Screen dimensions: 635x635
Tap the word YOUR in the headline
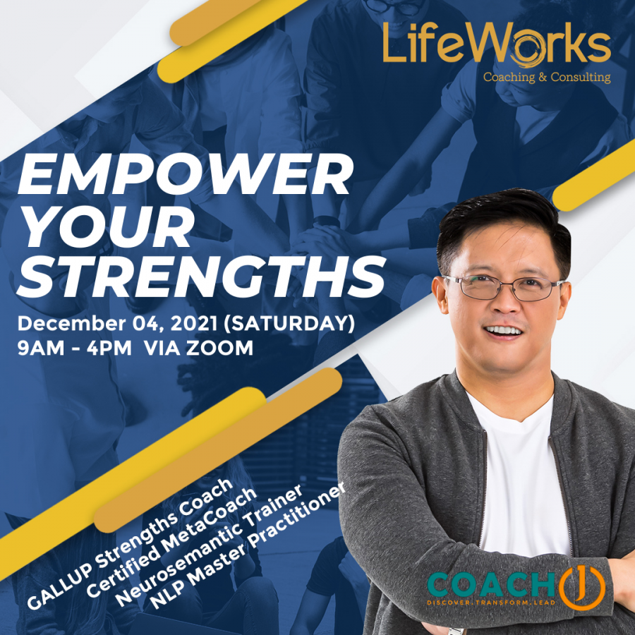[106, 226]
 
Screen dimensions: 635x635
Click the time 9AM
[43, 348]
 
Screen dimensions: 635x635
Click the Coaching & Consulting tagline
[547, 77]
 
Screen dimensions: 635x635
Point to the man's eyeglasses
[503, 288]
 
